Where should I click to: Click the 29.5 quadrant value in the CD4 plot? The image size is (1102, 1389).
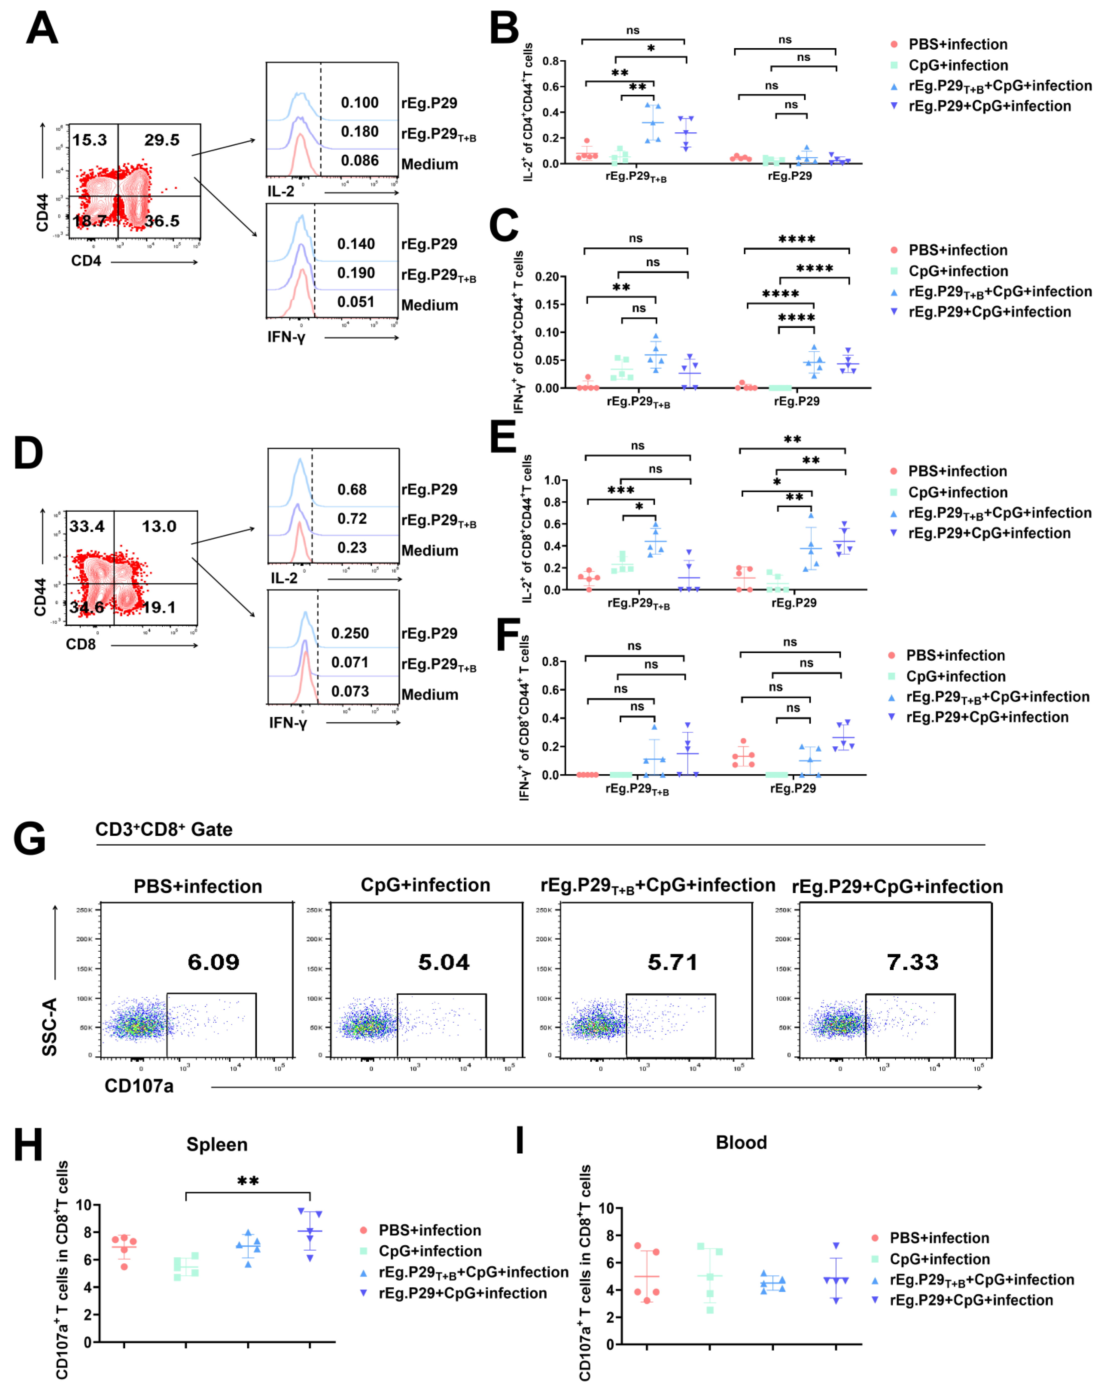pyautogui.click(x=162, y=140)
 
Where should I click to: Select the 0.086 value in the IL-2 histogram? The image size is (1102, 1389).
pyautogui.click(x=360, y=160)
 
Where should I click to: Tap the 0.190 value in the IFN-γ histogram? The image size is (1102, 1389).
pyautogui.click(x=356, y=273)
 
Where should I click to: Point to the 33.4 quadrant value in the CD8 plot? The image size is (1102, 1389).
pyautogui.click(x=87, y=526)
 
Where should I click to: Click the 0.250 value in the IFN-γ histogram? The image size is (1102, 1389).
pyautogui.click(x=350, y=633)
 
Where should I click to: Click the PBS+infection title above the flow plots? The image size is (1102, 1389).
pyautogui.click(x=198, y=886)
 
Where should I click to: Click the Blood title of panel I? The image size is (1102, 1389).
pyautogui.click(x=741, y=1142)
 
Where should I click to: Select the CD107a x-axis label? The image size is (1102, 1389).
pyautogui.click(x=139, y=1086)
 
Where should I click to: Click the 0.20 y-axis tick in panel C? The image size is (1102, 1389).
pyautogui.click(x=547, y=277)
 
